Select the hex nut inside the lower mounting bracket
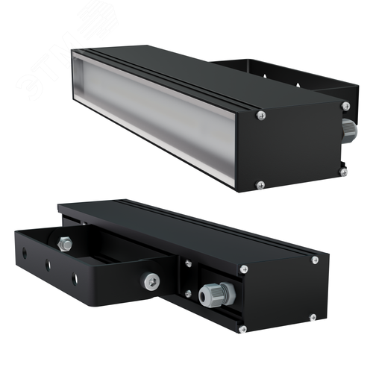click(x=63, y=242)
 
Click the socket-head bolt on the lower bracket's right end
click(x=151, y=279)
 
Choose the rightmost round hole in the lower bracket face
click(x=73, y=278)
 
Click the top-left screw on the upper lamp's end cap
click(x=260, y=115)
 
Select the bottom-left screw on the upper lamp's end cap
click(x=260, y=184)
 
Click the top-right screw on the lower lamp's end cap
click(x=315, y=260)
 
